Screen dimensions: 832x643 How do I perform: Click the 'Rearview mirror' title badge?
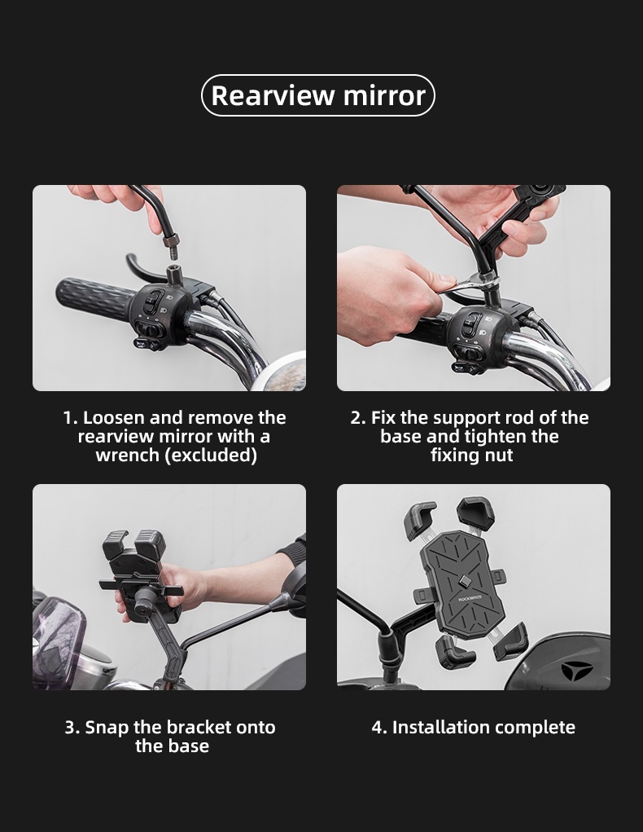coord(318,95)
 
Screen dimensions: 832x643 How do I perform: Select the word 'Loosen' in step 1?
coord(114,418)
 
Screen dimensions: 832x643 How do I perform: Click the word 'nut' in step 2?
coord(498,456)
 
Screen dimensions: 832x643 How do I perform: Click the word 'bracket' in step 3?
coord(199,727)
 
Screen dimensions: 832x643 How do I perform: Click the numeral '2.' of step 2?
coord(358,418)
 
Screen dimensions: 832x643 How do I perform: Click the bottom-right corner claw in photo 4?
coord(512,641)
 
